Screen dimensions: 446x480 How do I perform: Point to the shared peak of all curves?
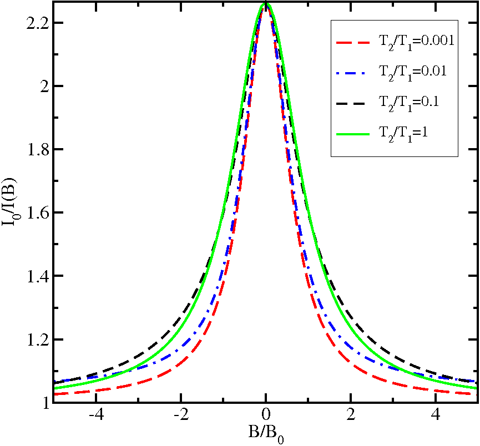(266, 5)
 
